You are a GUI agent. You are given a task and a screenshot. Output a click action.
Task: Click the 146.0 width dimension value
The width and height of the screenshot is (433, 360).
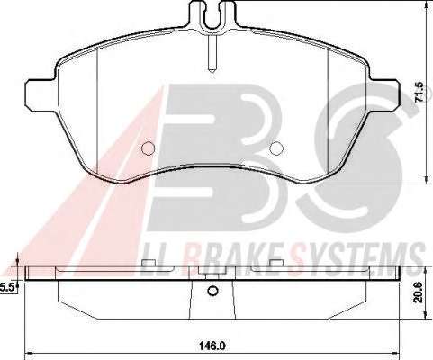212,346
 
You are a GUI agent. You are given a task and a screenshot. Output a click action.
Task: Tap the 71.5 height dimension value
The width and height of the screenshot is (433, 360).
419,92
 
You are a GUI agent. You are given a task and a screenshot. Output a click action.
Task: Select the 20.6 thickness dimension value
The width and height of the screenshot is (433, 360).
419,292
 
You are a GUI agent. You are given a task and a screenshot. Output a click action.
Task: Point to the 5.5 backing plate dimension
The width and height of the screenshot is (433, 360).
6,288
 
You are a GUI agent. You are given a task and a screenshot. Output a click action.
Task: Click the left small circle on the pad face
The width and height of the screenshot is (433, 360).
148,148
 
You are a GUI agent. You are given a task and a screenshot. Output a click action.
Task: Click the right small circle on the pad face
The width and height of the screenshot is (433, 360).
276,148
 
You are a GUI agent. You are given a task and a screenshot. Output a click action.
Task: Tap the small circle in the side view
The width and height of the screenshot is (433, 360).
212,291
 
